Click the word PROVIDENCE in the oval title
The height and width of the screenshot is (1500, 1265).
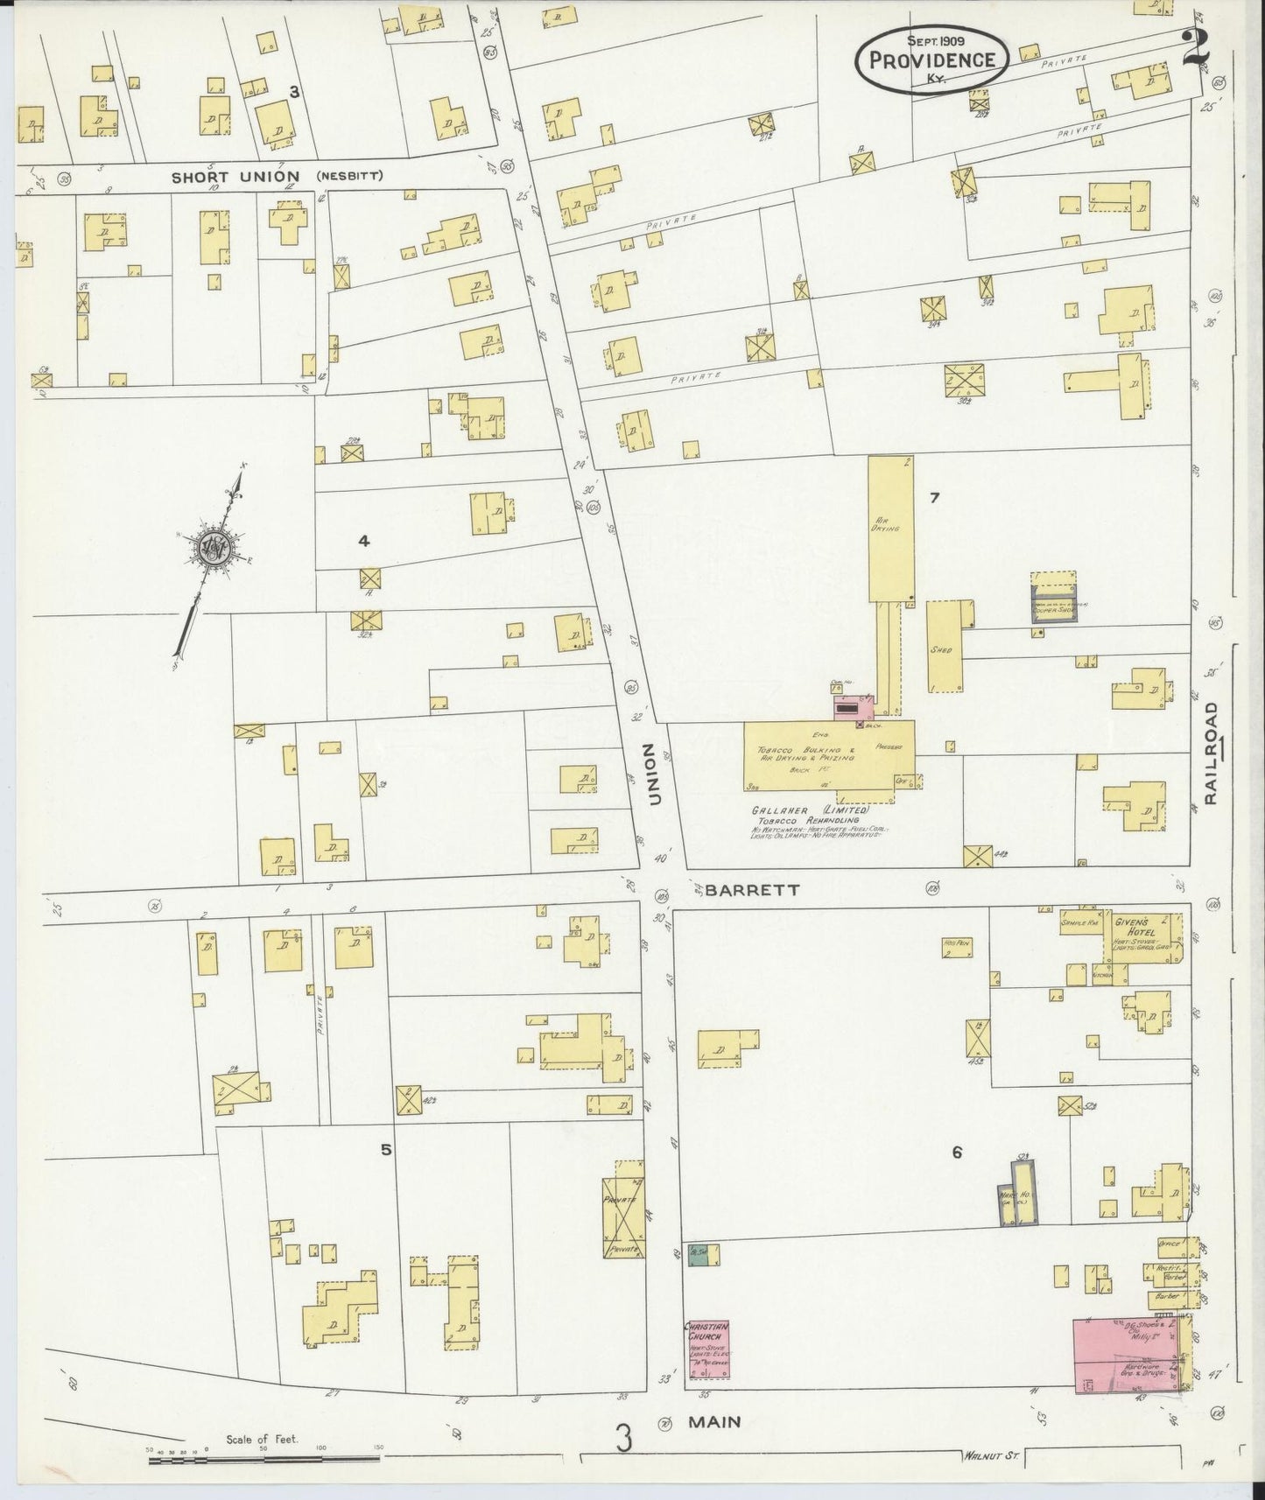click(x=931, y=60)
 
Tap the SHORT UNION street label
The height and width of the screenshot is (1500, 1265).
click(x=235, y=177)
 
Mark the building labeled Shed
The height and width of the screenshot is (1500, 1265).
click(x=942, y=649)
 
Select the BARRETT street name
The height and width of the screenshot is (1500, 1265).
click(x=753, y=889)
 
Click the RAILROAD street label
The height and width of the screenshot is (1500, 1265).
click(x=1212, y=752)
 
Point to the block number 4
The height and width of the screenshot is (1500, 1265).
click(x=363, y=542)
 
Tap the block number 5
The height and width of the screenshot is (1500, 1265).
click(x=385, y=1150)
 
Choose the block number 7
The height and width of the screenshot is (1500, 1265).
click(x=935, y=498)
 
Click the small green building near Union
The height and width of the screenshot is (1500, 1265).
click(x=699, y=1255)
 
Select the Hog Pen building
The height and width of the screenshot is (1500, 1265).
click(x=958, y=950)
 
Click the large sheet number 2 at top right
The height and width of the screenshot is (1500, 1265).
click(x=1195, y=48)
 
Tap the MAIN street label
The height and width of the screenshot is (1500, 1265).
click(x=713, y=1423)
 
